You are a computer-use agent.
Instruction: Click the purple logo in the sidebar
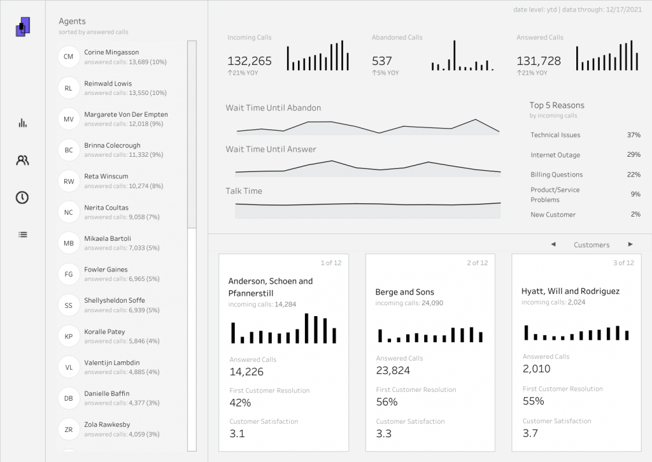point(23,27)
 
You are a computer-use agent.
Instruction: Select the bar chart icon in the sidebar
point(23,123)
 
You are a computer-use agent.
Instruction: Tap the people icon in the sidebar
point(23,161)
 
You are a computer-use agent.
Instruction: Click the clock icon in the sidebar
point(22,198)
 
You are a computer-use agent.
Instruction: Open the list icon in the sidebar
point(23,235)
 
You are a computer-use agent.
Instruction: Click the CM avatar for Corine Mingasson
point(68,57)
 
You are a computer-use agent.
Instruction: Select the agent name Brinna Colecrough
point(112,145)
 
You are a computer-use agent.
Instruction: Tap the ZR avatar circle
point(68,430)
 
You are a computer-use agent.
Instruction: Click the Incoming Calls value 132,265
point(250,61)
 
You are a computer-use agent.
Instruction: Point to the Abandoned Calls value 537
point(382,61)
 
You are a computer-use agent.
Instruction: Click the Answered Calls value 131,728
point(539,61)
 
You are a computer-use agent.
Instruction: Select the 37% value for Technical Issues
point(633,135)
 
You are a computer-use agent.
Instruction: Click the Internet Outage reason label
point(555,155)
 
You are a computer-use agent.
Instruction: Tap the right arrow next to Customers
point(630,245)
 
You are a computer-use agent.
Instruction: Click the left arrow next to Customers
point(553,245)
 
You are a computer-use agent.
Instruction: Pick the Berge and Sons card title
point(405,292)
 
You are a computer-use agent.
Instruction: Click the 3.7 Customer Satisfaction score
point(530,433)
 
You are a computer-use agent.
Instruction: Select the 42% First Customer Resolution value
point(240,403)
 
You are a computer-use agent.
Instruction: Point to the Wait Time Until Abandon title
point(273,108)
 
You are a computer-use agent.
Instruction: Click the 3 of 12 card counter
point(623,263)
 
